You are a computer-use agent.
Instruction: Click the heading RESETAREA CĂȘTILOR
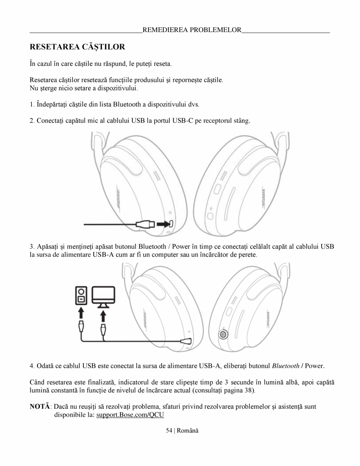point(78,47)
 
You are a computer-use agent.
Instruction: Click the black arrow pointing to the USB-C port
point(162,224)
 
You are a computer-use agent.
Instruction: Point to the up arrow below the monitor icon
point(103,315)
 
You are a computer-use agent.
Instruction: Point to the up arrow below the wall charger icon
point(81,313)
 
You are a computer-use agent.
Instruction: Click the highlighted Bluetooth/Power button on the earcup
point(223,335)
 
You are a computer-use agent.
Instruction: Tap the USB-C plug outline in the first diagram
point(145,224)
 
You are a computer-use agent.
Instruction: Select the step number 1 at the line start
point(31,105)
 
